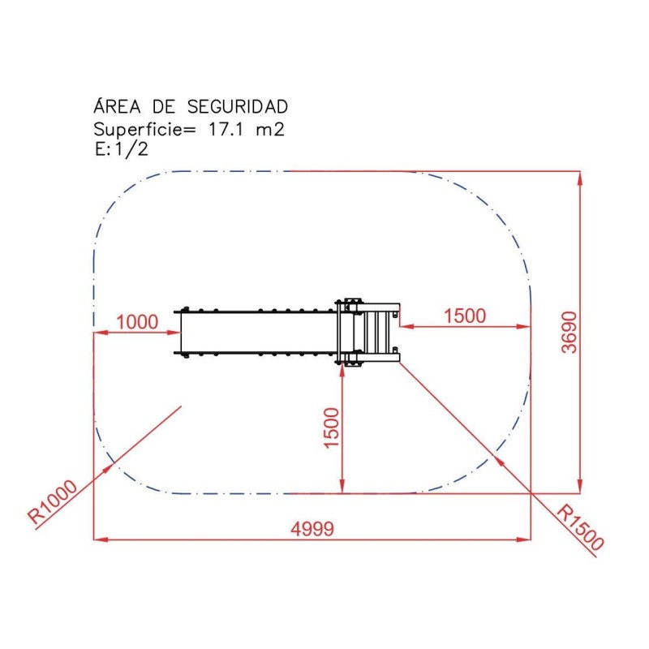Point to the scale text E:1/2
click(121, 149)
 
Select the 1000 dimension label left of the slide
click(136, 321)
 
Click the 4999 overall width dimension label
click(312, 528)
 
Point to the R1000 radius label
click(52, 503)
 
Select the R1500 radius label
click(581, 527)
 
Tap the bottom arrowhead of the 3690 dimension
click(579, 484)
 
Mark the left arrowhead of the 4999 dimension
click(102, 539)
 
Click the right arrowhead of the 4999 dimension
click(522, 539)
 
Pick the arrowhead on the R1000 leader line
click(108, 468)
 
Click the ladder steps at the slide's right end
click(376, 333)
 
